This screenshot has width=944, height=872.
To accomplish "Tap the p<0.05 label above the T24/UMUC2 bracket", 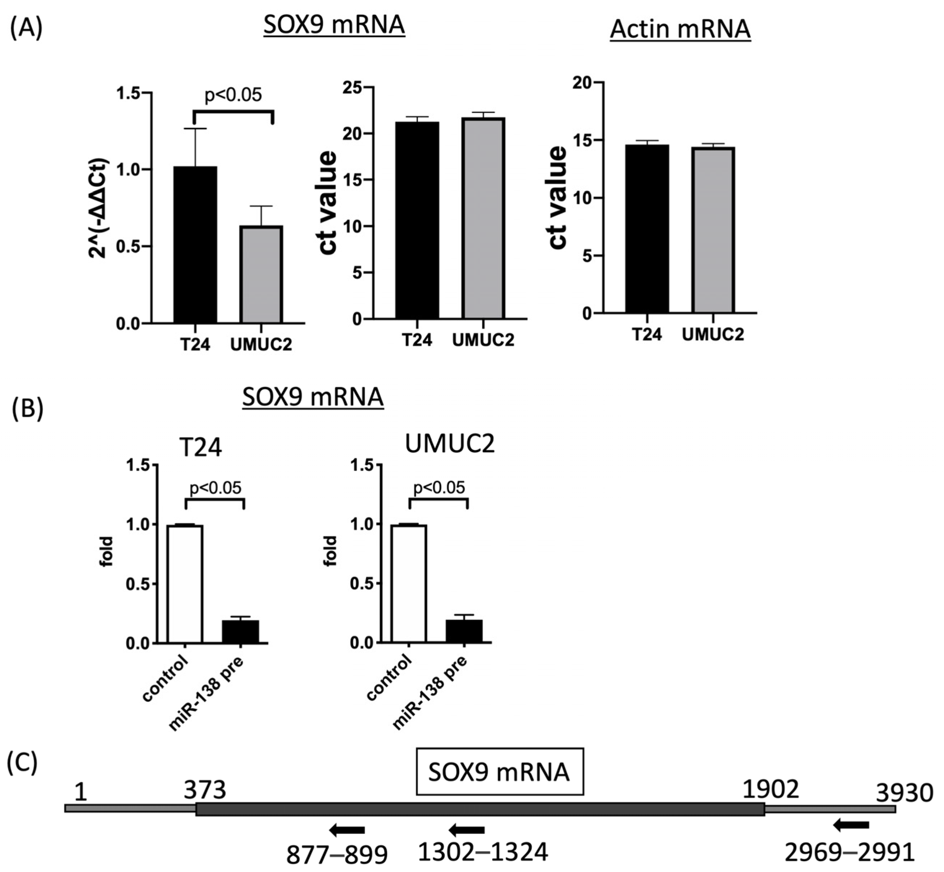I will [x=233, y=95].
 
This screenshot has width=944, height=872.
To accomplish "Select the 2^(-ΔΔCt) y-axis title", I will [x=99, y=208].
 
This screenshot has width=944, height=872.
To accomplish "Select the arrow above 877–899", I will [x=347, y=830].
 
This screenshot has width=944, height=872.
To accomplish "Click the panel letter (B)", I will [x=27, y=408].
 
